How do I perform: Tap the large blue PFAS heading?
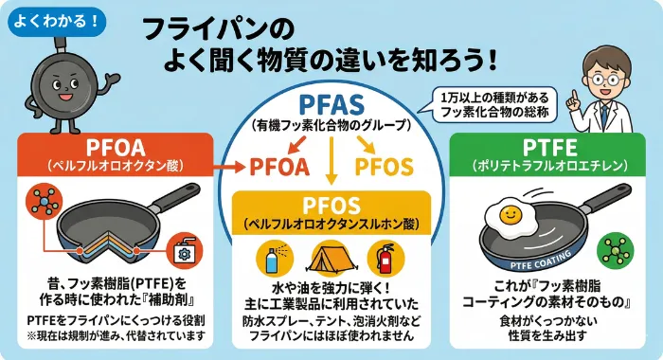[331, 104]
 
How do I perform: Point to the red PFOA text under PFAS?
[279, 167]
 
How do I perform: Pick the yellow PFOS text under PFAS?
[383, 167]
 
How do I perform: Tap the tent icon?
[331, 258]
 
